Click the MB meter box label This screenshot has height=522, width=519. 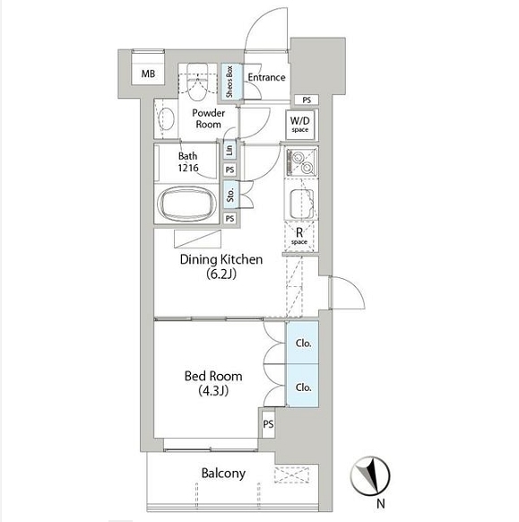click(148, 74)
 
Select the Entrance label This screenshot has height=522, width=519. click(266, 77)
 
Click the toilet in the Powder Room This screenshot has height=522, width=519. click(196, 82)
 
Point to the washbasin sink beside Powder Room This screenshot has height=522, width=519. click(166, 118)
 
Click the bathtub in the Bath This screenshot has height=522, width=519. click(187, 202)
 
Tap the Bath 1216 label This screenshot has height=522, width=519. click(188, 161)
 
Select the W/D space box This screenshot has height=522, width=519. click(300, 124)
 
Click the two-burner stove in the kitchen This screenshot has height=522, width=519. click(301, 161)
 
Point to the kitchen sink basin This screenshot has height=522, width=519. click(301, 204)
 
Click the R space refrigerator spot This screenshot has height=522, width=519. click(299, 236)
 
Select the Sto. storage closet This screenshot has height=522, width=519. click(230, 195)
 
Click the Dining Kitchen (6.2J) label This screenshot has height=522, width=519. click(221, 266)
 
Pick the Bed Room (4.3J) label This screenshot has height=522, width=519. click(213, 383)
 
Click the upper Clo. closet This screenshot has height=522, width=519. click(302, 343)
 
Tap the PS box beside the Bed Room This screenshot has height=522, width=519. click(268, 424)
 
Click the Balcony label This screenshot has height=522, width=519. click(223, 474)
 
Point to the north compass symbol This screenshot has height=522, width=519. click(370, 475)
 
